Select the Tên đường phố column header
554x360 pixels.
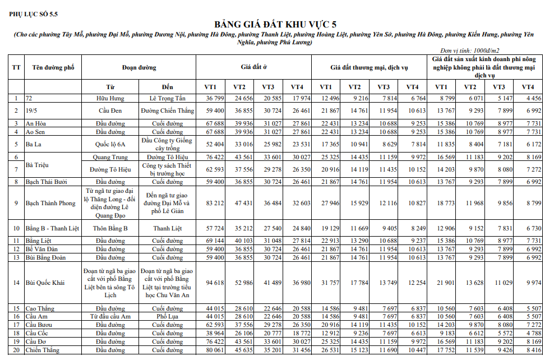pyautogui.click(x=54, y=67)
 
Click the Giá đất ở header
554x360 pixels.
pyautogui.click(x=254, y=67)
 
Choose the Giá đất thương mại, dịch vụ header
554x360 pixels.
pyautogui.click(x=369, y=67)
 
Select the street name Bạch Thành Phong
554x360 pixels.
pyautogui.click(x=50, y=203)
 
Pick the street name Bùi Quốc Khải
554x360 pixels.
pyautogui.click(x=45, y=283)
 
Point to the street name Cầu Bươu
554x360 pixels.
pyautogui.click(x=39, y=325)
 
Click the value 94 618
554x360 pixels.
pyautogui.click(x=215, y=283)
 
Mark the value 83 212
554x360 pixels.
pyautogui.click(x=215, y=203)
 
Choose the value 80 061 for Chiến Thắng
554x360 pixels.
pyautogui.click(x=215, y=350)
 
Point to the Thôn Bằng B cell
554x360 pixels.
pyautogui.click(x=110, y=229)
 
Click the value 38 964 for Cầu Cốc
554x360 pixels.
pyautogui.click(x=215, y=333)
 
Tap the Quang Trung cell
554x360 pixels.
pyautogui.click(x=110, y=158)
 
